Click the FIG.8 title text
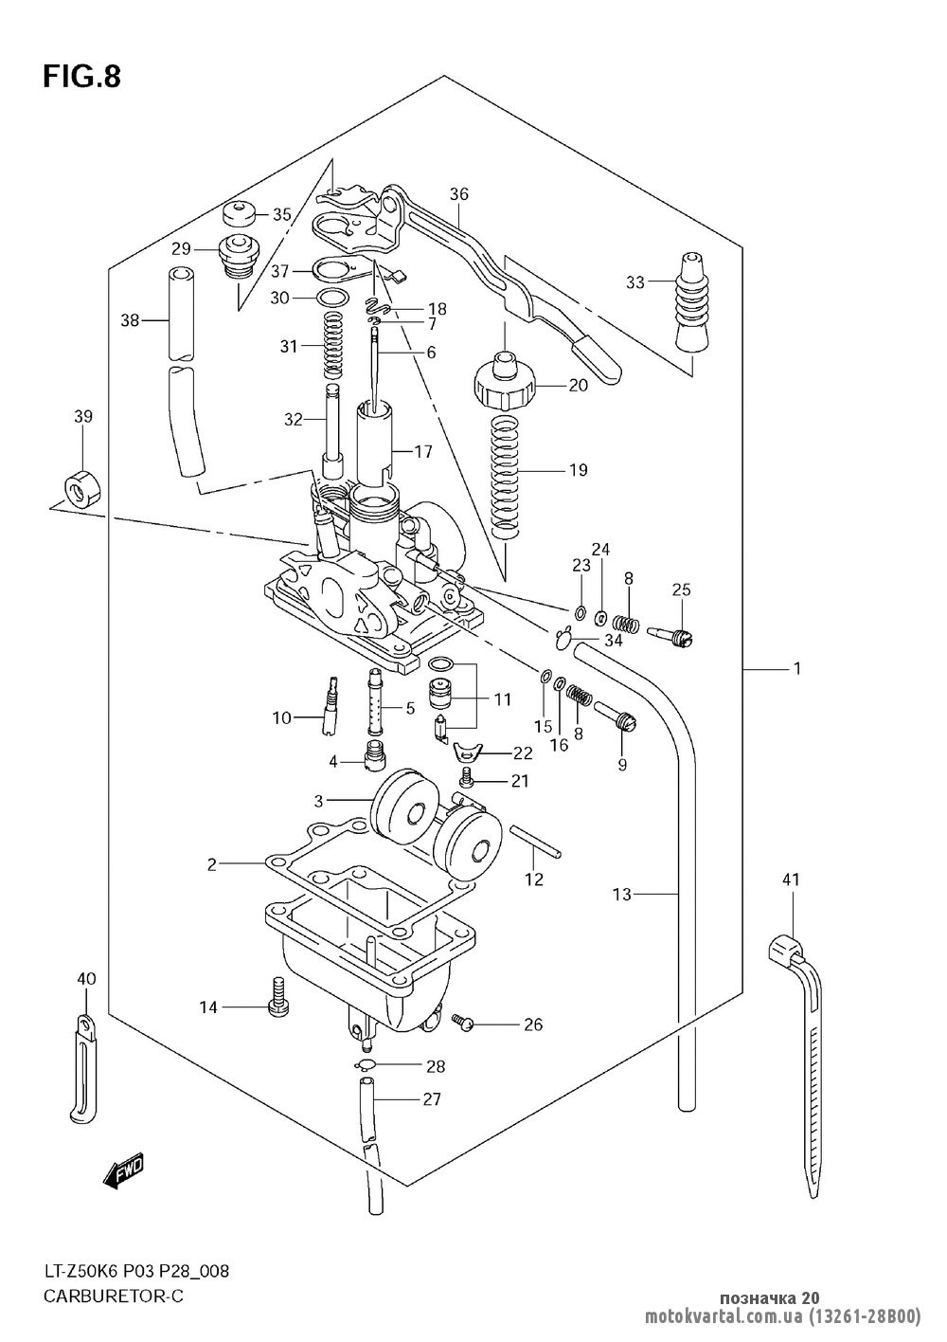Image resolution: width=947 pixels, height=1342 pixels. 82,78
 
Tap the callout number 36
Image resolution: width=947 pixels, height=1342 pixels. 459,194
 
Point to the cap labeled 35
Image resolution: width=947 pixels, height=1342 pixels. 240,214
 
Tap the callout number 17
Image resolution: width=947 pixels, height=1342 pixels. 423,452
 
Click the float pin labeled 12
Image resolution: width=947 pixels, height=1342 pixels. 535,841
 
